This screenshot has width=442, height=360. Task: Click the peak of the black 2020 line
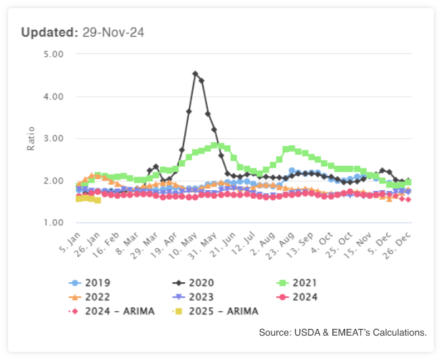[x=195, y=74]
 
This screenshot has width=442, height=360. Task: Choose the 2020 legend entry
[x=197, y=283]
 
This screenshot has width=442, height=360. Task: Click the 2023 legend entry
[x=197, y=296]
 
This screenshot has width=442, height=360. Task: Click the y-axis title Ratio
[x=30, y=139]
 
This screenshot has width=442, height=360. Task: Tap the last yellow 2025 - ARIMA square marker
[x=97, y=200]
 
